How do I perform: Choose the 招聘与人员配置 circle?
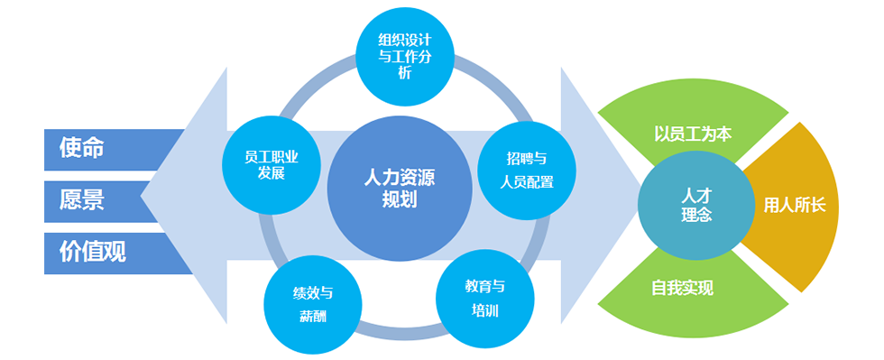526,170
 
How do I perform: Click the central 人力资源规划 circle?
399,189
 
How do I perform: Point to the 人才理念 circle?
695,205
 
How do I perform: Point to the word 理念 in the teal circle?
695,216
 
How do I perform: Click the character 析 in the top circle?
404,74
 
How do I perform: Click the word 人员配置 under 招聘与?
526,181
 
